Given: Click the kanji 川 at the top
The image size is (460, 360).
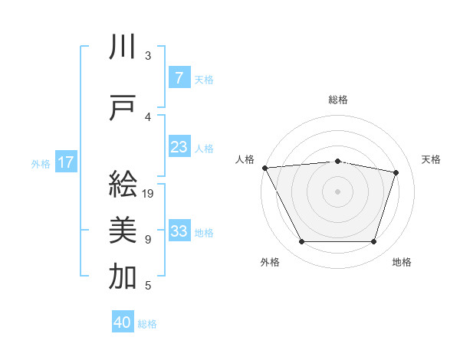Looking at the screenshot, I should [123, 47].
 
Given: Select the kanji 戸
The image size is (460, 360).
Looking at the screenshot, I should [123, 108].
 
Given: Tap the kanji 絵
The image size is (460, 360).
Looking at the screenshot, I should [123, 184].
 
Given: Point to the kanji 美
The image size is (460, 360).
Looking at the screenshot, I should [123, 230].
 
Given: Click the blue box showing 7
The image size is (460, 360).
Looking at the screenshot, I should [179, 77].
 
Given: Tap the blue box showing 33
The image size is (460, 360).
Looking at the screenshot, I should [179, 231].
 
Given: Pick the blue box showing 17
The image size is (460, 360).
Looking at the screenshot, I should [66, 162].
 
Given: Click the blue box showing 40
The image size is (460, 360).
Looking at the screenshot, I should [123, 322].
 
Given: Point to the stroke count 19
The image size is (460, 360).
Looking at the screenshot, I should [149, 194].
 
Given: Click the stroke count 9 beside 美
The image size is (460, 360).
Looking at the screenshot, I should [148, 240].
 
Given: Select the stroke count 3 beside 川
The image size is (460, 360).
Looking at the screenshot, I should [148, 56].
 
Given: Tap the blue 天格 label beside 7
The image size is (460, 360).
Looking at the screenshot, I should [204, 79].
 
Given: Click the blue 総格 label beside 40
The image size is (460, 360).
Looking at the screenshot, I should [148, 324].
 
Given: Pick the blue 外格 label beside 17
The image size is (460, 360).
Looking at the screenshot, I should [41, 163].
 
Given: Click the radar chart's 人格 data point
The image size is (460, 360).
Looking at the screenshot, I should [264, 168].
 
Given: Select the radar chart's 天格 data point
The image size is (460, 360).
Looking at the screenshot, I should [396, 172].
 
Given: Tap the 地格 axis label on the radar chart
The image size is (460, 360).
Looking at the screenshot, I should [402, 263].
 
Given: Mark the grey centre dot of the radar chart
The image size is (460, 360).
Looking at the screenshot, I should [337, 191].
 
